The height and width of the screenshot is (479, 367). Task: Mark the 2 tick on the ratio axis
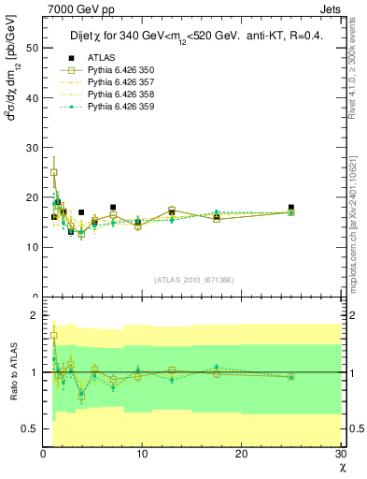point(35,315)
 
